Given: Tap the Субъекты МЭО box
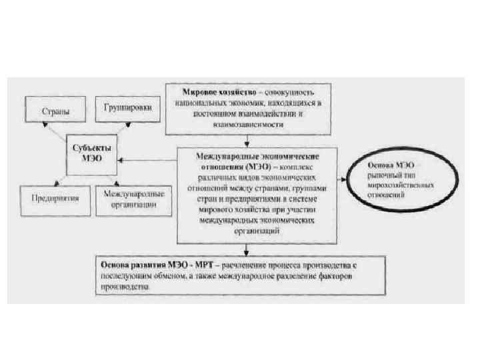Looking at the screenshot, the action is coord(92,152).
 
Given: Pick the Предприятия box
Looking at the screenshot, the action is coord(55,198).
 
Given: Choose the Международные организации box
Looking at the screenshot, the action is coord(135,199).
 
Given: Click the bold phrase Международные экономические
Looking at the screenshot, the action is coord(246,155).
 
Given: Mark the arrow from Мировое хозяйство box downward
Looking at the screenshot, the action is coord(247,140).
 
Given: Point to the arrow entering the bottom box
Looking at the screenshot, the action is coord(247,249).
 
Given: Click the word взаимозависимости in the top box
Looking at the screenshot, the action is coord(247,123).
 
